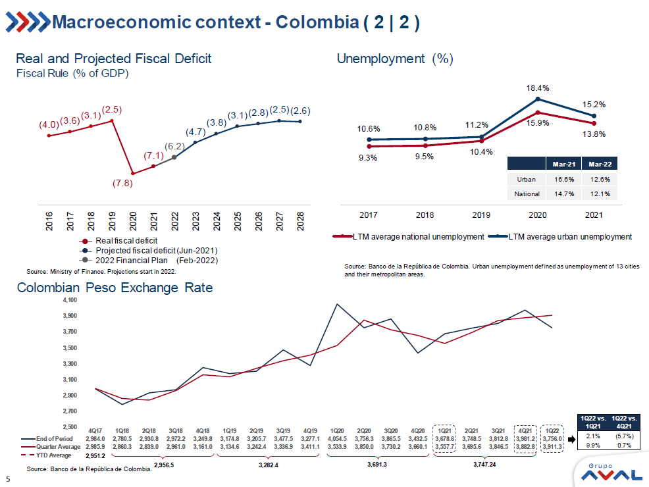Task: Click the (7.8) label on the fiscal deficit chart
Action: click(122, 184)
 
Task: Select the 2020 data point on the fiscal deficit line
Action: click(133, 174)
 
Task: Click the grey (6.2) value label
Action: click(174, 146)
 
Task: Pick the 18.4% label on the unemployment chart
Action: click(538, 88)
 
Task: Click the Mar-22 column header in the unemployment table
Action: click(600, 164)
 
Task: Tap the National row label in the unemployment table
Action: click(527, 193)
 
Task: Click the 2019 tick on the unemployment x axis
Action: click(482, 215)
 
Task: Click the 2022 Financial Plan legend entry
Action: click(156, 260)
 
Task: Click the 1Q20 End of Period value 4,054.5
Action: click(337, 438)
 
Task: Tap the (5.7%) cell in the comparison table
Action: click(622, 436)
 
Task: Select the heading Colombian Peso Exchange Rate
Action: click(115, 288)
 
